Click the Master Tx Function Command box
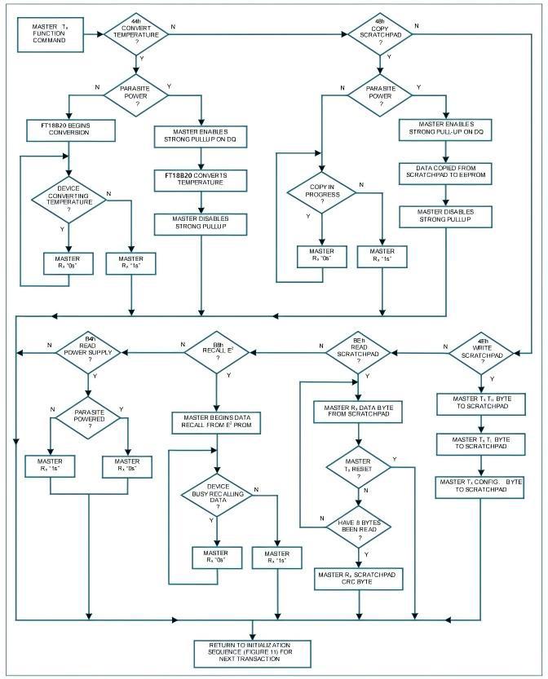tap(51, 33)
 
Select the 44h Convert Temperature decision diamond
tap(135, 34)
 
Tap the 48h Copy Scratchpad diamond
tap(380, 34)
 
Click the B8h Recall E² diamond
tap(218, 351)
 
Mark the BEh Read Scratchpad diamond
tap(358, 351)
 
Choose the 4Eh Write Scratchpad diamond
tap(481, 351)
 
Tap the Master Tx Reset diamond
tap(357, 468)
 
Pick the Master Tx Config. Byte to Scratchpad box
tap(480, 486)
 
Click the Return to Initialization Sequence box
tap(254, 651)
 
